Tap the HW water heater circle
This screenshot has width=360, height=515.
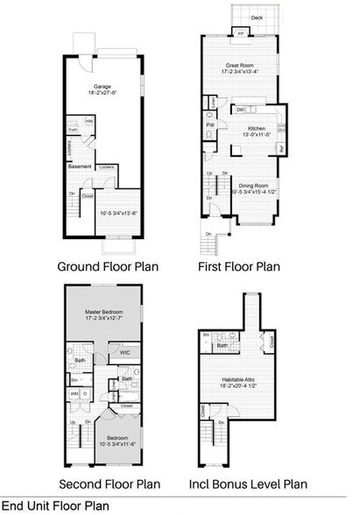90,122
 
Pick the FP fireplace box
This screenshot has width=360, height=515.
243,33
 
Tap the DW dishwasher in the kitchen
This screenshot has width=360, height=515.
240,111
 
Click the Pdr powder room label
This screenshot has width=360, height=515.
211,124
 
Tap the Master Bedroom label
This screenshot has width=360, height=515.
103,314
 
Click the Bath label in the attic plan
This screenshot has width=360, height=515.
223,346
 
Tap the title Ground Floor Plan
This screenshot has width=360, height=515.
108,265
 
